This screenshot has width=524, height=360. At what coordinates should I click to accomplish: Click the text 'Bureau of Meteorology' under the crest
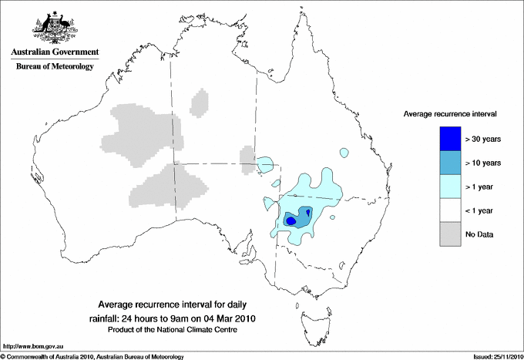point(55,66)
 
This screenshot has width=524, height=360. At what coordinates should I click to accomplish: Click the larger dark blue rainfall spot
point(291,220)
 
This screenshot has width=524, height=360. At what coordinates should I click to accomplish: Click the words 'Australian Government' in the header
point(55,52)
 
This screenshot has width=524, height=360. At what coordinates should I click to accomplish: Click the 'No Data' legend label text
point(479,234)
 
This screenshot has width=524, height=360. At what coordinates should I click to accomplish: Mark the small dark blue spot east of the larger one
point(308,212)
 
